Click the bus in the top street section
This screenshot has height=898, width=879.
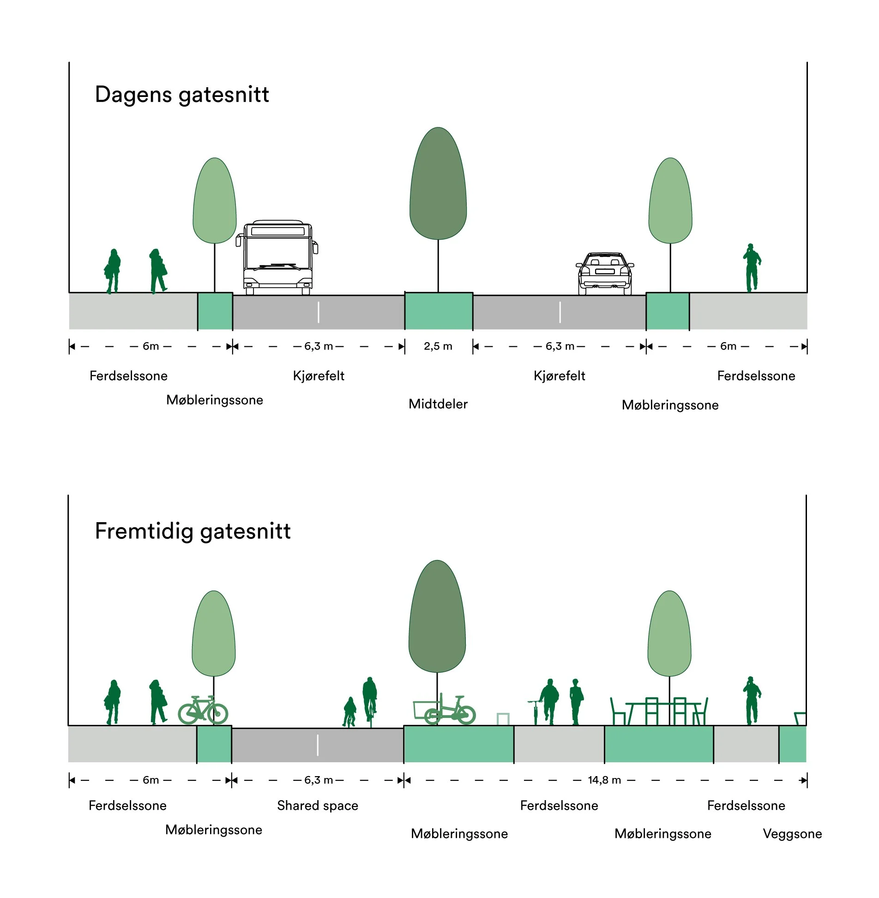[277, 258]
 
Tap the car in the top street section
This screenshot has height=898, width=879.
[605, 273]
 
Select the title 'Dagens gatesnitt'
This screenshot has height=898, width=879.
[182, 95]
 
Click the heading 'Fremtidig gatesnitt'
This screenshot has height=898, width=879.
[193, 531]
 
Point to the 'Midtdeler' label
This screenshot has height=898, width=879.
[438, 404]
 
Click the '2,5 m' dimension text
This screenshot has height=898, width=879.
[438, 346]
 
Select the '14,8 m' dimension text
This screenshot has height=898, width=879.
[604, 780]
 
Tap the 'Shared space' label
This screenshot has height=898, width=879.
[318, 806]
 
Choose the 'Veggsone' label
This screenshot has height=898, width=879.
[792, 833]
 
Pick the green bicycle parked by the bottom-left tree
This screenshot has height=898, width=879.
[203, 710]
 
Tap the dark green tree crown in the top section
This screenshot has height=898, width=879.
[438, 183]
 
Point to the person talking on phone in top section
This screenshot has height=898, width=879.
[752, 268]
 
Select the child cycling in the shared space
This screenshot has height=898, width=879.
[349, 712]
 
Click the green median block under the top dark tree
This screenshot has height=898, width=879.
[439, 311]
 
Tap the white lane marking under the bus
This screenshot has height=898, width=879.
[319, 312]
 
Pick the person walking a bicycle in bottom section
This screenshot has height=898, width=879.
[545, 702]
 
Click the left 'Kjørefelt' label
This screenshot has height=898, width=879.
[319, 376]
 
